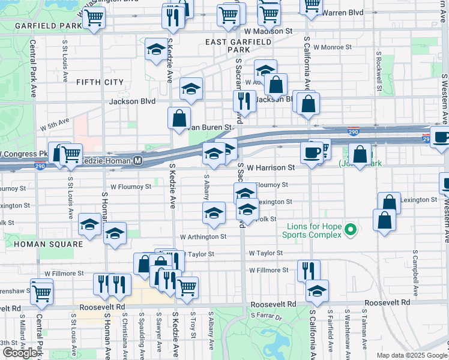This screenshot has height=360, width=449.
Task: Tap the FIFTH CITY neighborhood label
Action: (x=100, y=82)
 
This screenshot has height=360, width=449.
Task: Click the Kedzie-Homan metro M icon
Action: (x=137, y=161)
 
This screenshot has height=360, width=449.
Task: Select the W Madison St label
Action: (x=268, y=30)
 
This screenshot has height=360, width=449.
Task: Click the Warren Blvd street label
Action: (x=343, y=12)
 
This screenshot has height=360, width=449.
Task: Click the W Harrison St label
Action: (x=271, y=168)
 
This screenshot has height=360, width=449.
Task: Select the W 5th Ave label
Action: (x=55, y=125)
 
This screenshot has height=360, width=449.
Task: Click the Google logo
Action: (x=20, y=353)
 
